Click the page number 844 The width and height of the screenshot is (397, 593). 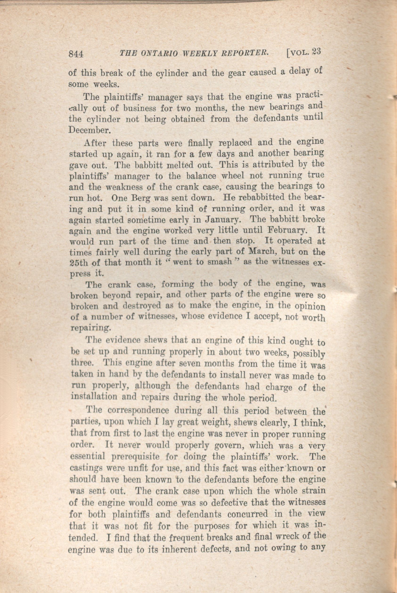(76, 54)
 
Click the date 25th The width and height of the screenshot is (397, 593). (78, 263)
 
